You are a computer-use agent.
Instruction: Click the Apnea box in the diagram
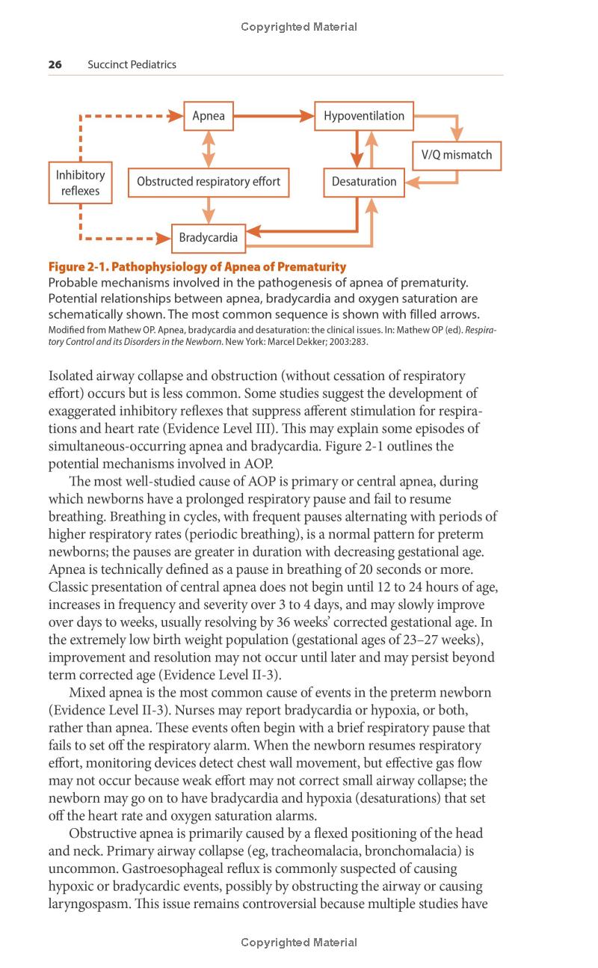pyautogui.click(x=209, y=116)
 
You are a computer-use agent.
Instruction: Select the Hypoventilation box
pyautogui.click(x=363, y=116)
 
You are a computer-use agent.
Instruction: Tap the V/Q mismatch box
pyautogui.click(x=456, y=156)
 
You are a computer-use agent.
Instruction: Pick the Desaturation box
pyautogui.click(x=364, y=182)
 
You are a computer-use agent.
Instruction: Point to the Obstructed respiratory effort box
pyautogui.click(x=209, y=182)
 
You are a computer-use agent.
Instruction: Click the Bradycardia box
pyautogui.click(x=208, y=238)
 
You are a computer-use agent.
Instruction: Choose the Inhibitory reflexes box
pyautogui.click(x=80, y=183)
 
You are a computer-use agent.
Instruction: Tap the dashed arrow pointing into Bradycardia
pyautogui.click(x=127, y=239)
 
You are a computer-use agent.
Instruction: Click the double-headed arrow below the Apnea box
pyautogui.click(x=209, y=148)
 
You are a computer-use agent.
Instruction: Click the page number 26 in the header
pyautogui.click(x=55, y=64)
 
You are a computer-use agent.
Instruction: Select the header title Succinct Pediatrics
pyautogui.click(x=132, y=64)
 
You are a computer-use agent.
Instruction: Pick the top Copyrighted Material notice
pyautogui.click(x=299, y=27)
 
